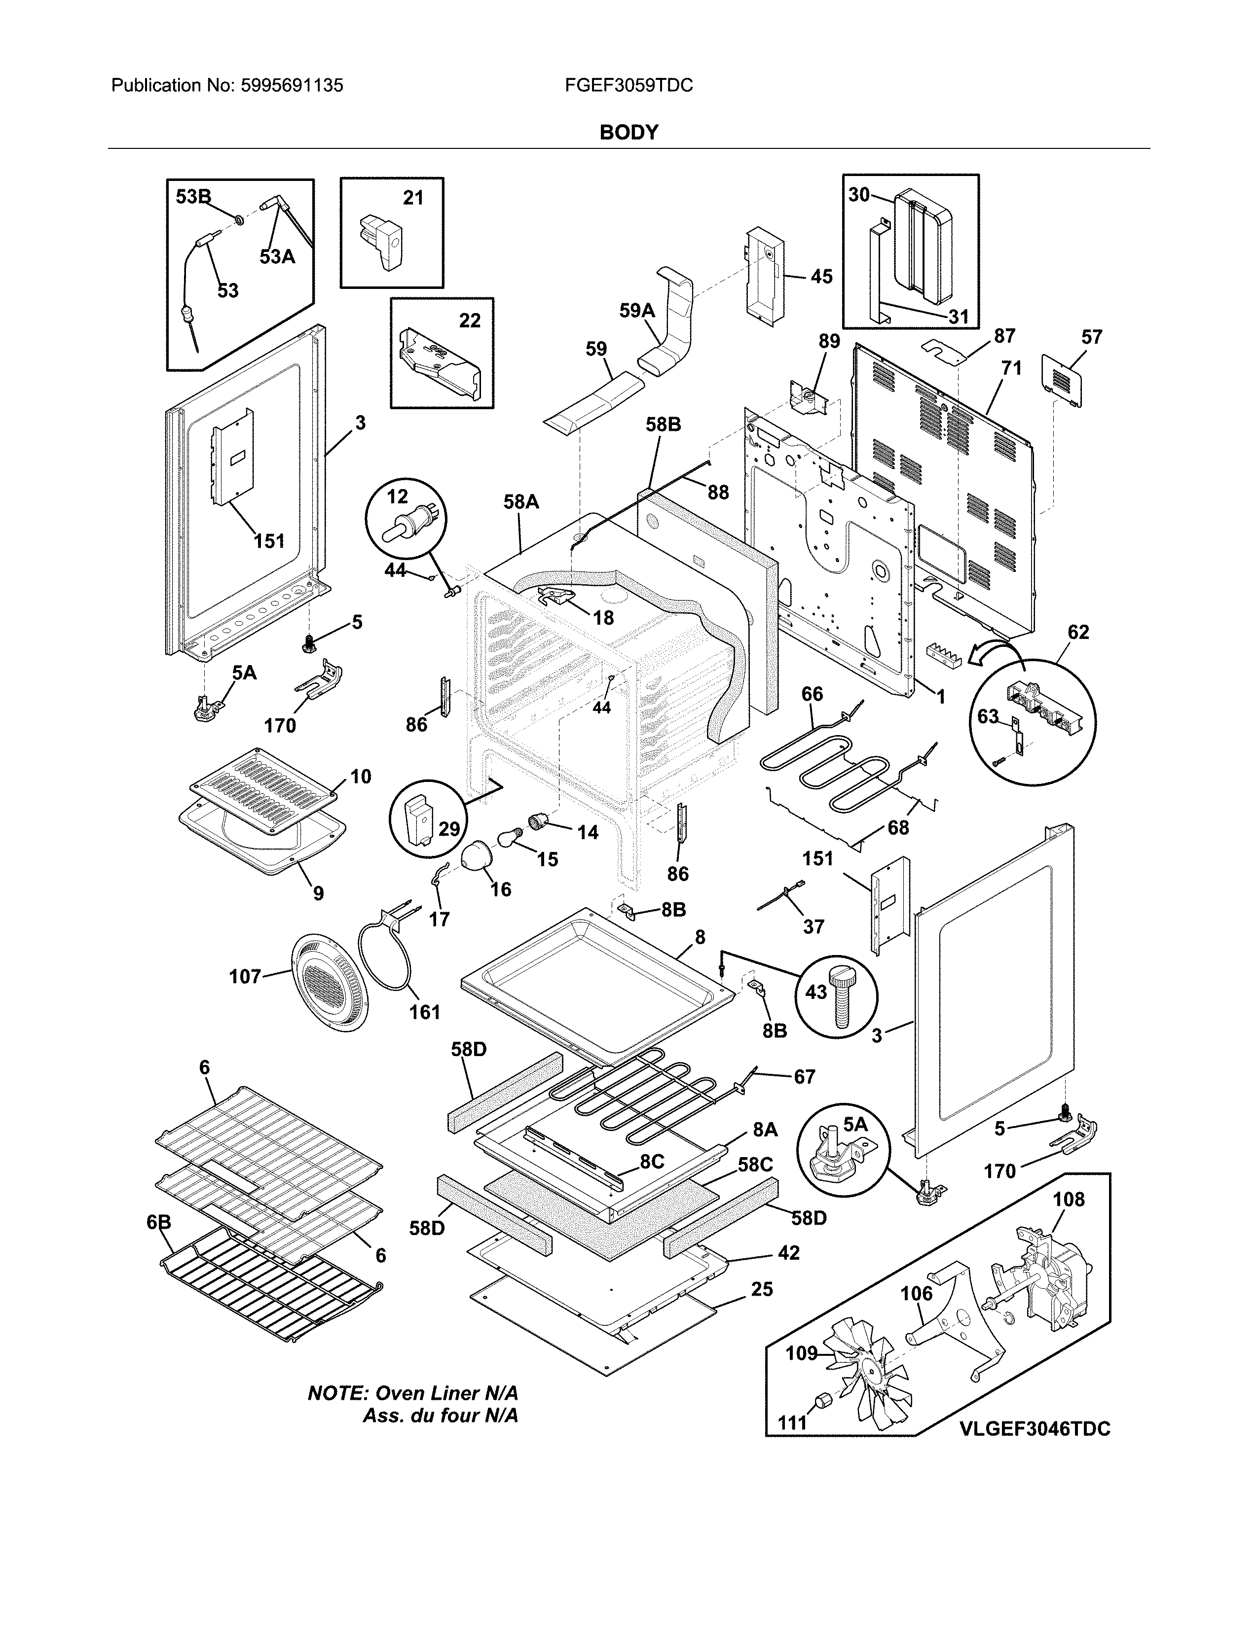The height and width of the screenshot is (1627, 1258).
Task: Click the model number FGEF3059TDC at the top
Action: point(628,86)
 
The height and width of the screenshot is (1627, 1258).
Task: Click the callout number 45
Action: point(821,277)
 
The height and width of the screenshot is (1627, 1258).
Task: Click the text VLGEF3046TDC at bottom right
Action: point(1035,1429)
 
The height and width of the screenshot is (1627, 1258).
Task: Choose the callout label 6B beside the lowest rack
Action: point(159,1223)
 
